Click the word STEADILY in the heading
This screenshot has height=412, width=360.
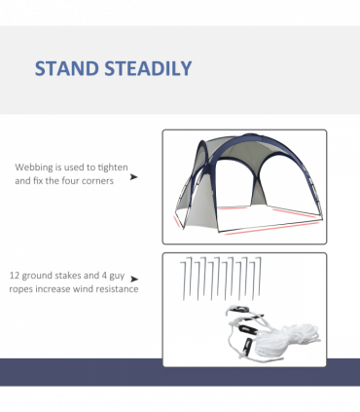pyautogui.click(x=149, y=68)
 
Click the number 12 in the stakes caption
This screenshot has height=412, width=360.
pyautogui.click(x=16, y=275)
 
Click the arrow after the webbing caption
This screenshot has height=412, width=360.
pyautogui.click(x=133, y=178)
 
